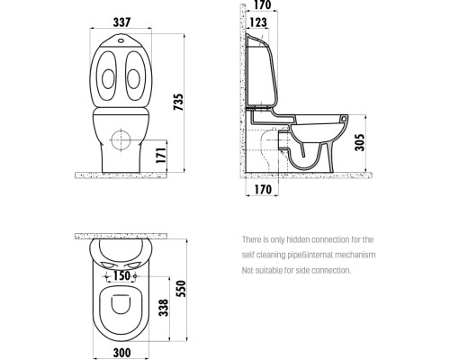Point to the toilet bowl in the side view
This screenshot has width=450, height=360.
coord(310,148)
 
